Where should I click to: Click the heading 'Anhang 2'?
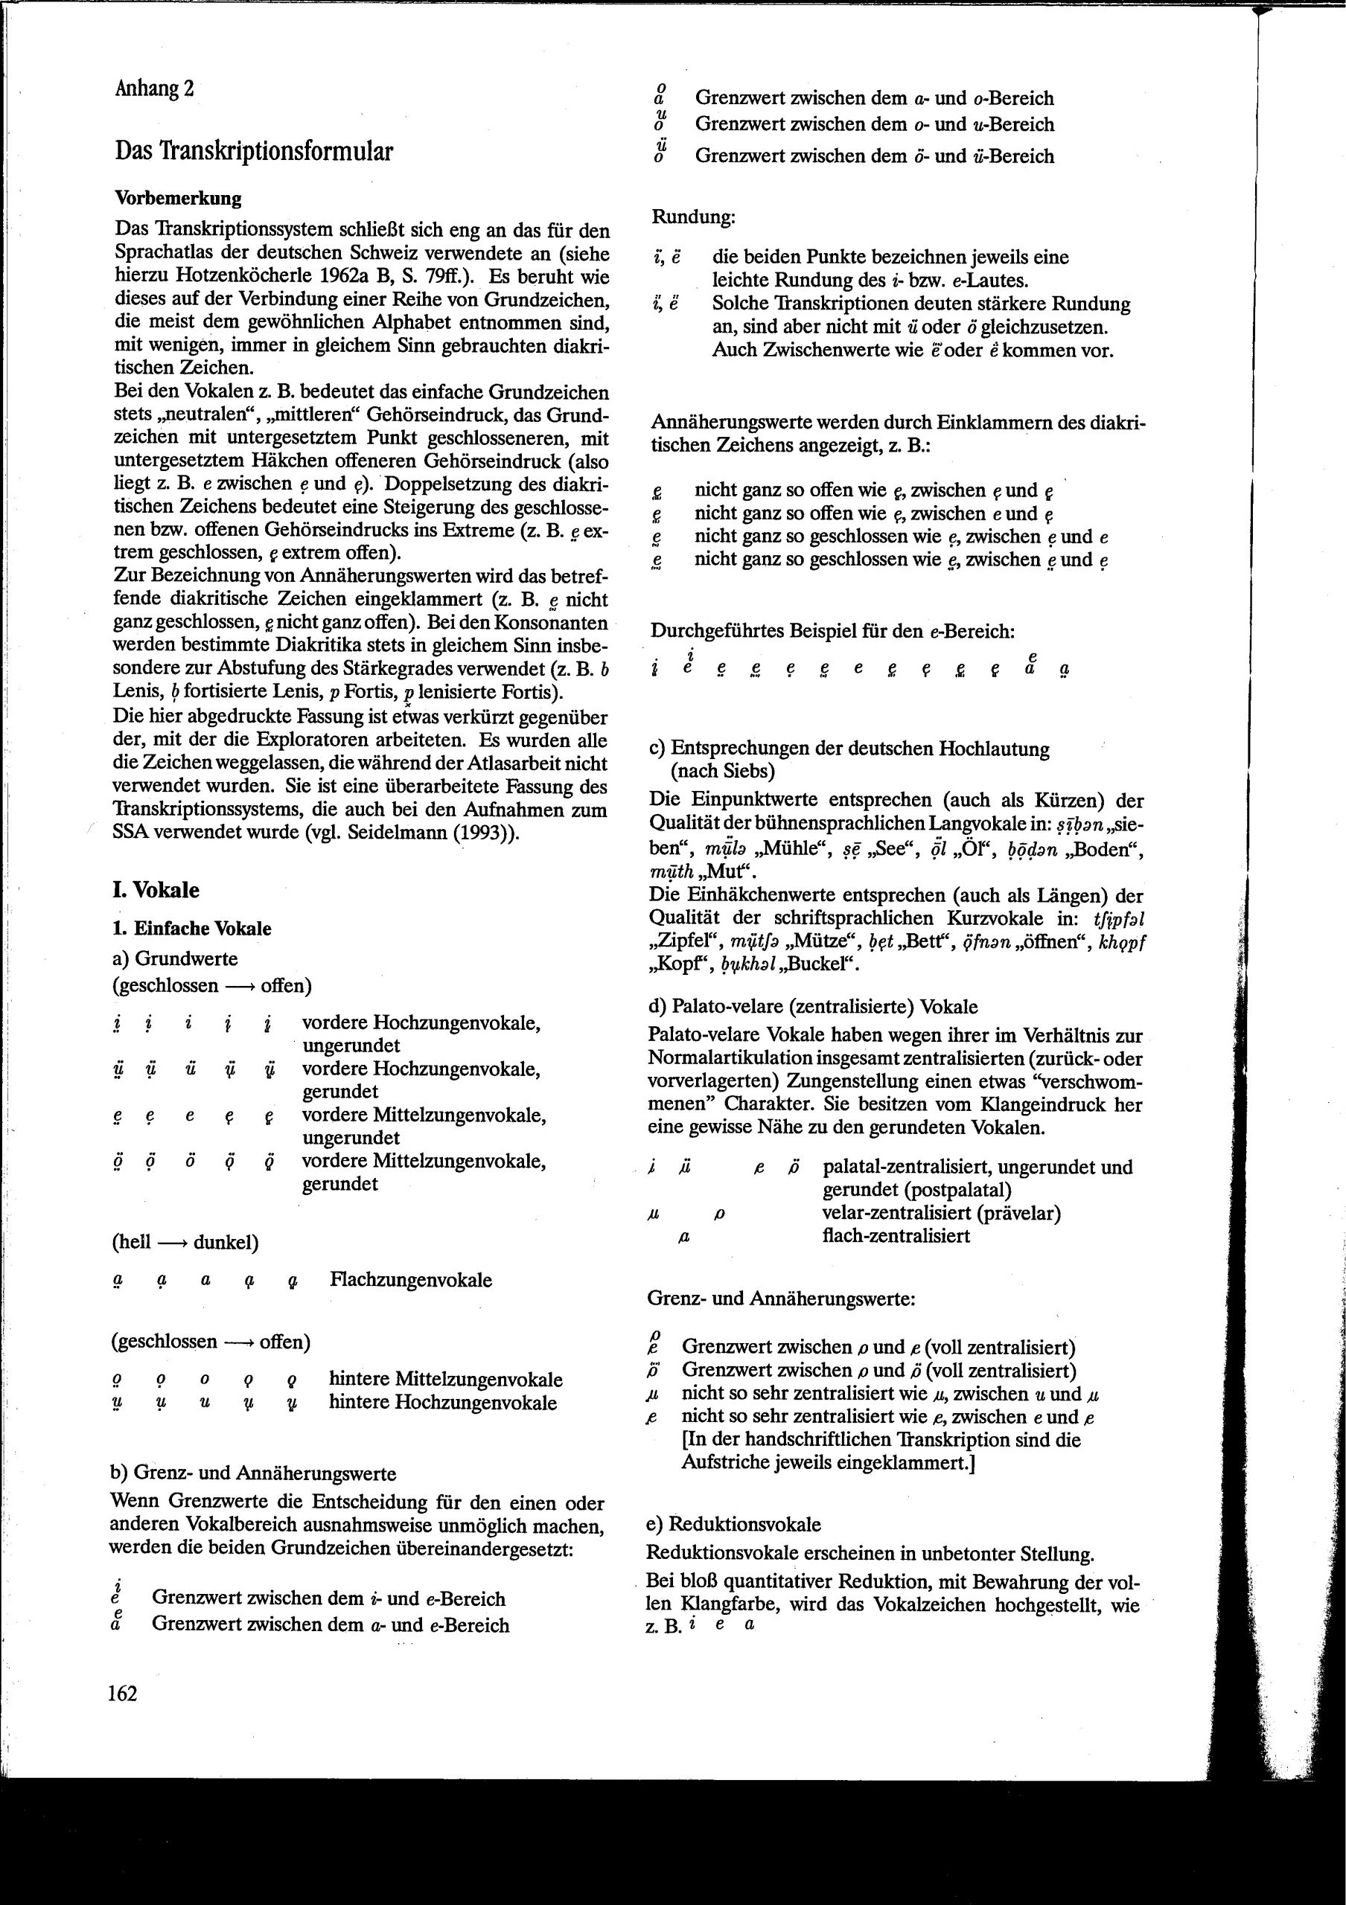point(154,89)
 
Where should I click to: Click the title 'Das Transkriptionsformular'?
point(254,151)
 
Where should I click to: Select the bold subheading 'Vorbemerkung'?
point(179,199)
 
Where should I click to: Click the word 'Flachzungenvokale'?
point(411,1279)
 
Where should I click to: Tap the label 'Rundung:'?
point(693,218)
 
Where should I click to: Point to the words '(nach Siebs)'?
point(723,772)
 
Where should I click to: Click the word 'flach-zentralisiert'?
point(896,1236)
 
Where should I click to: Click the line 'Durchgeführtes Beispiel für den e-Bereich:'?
point(832,632)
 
